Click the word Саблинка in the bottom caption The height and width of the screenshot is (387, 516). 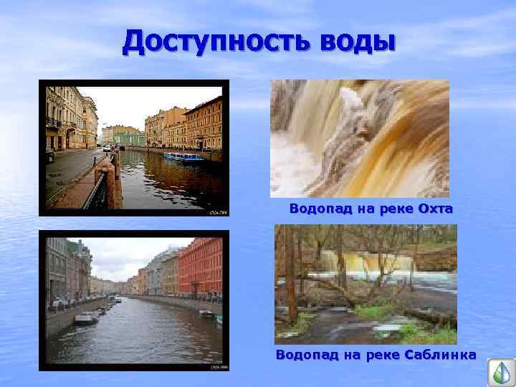point(440,355)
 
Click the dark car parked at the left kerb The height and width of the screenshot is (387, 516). point(49,156)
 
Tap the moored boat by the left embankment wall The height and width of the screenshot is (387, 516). point(85,317)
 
